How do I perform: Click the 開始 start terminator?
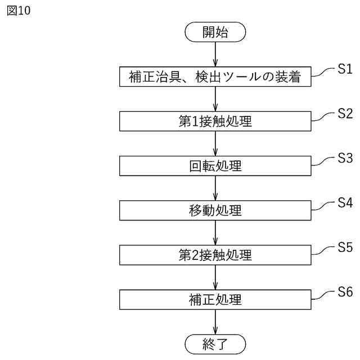pyautogui.click(x=215, y=32)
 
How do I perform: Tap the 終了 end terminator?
pyautogui.click(x=215, y=343)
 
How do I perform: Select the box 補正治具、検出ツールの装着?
pyautogui.click(x=215, y=77)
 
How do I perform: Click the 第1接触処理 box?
pyautogui.click(x=215, y=121)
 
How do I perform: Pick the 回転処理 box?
pyautogui.click(x=215, y=166)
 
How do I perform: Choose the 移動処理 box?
pyautogui.click(x=215, y=210)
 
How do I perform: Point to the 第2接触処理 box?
pyautogui.click(x=215, y=255)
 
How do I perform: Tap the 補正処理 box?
pyautogui.click(x=215, y=299)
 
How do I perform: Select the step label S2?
pyautogui.click(x=345, y=114)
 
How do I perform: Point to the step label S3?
pyautogui.click(x=345, y=158)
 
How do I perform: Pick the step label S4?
pyautogui.click(x=345, y=202)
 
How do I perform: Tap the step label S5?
pyautogui.click(x=345, y=247)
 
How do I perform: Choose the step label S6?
pyautogui.click(x=345, y=291)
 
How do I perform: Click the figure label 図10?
pyautogui.click(x=19, y=11)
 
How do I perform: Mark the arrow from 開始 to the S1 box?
pyautogui.click(x=215, y=55)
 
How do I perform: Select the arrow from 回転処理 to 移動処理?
pyautogui.click(x=215, y=188)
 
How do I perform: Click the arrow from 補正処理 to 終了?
pyautogui.click(x=215, y=322)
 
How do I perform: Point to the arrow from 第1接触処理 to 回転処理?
pyautogui.click(x=215, y=144)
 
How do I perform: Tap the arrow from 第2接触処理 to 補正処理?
pyautogui.click(x=215, y=277)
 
